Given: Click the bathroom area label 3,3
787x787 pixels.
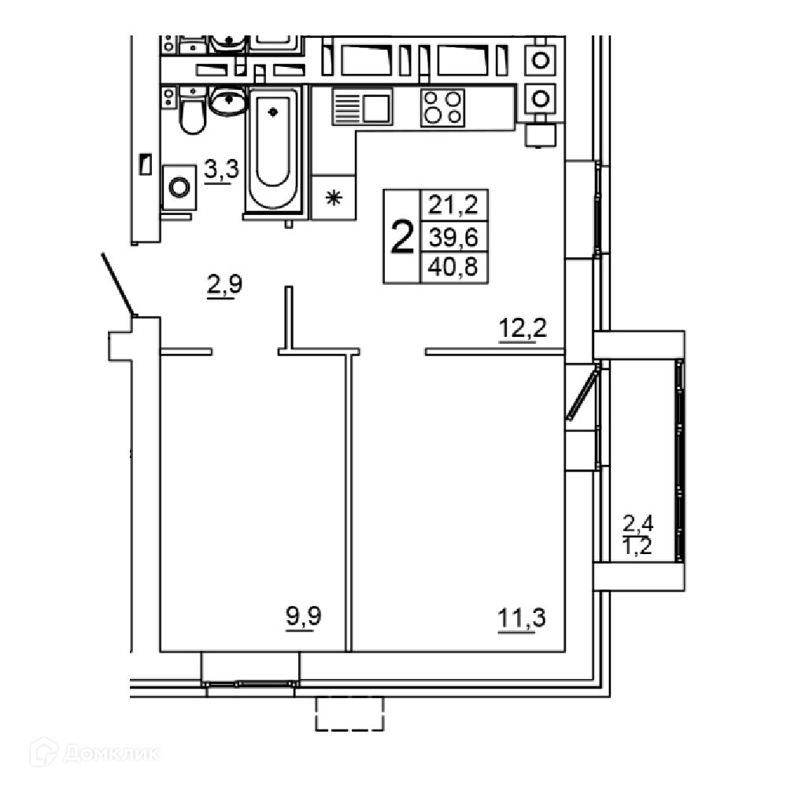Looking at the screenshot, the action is (x=221, y=170).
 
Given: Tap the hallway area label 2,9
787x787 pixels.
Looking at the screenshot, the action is (x=224, y=285).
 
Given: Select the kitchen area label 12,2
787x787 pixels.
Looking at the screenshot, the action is (x=523, y=329).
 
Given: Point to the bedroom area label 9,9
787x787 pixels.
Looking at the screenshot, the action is (x=304, y=617).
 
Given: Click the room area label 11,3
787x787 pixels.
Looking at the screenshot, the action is (x=522, y=619).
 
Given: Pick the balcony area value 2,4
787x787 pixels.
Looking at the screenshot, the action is (x=638, y=523).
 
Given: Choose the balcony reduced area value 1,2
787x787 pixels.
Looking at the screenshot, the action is (x=637, y=545).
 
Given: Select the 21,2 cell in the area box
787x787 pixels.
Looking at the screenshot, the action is (x=453, y=205).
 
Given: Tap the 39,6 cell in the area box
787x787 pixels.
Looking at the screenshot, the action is (x=453, y=237).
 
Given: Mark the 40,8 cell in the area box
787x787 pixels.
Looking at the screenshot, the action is (x=453, y=267).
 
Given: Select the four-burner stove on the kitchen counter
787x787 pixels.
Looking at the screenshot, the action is (x=442, y=107).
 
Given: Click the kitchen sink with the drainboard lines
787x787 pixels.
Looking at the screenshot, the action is (x=362, y=106).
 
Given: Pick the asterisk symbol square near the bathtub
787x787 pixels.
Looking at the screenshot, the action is (x=334, y=198).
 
